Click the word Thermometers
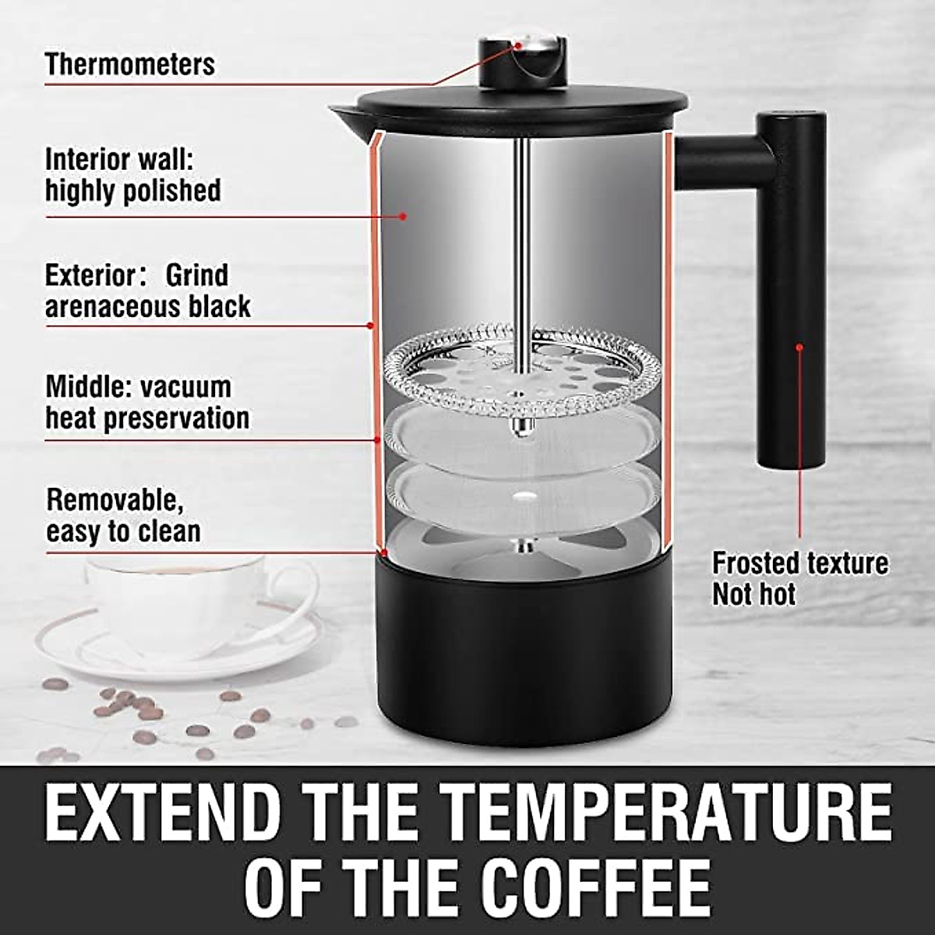[129, 64]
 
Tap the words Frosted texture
[800, 563]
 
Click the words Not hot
[754, 595]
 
